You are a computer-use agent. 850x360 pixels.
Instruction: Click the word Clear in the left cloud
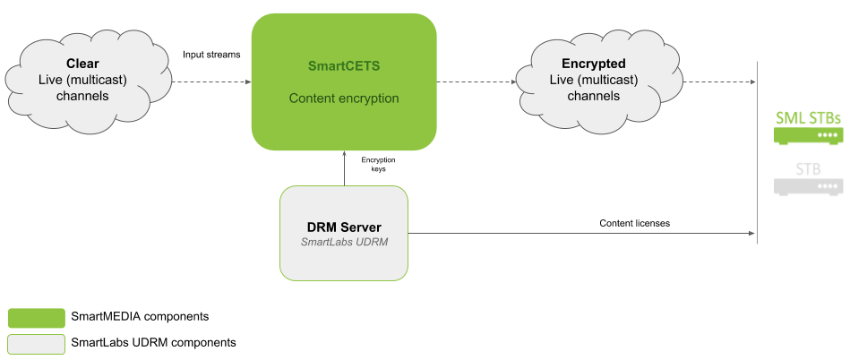pyautogui.click(x=82, y=64)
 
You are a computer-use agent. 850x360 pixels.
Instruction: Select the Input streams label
pyautogui.click(x=211, y=55)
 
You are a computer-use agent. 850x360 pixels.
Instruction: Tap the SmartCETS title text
pyautogui.click(x=343, y=65)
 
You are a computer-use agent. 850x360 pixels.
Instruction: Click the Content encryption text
pyautogui.click(x=343, y=98)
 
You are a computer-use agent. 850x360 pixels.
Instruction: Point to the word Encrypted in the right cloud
pyautogui.click(x=593, y=64)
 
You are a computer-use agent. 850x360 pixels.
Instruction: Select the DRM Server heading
pyautogui.click(x=343, y=227)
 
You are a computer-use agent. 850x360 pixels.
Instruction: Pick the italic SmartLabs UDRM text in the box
pyautogui.click(x=343, y=243)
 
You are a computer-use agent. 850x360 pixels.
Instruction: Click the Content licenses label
pyautogui.click(x=635, y=223)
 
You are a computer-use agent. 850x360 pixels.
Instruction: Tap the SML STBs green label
pyautogui.click(x=807, y=117)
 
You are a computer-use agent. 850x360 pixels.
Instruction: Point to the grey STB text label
pyautogui.click(x=807, y=168)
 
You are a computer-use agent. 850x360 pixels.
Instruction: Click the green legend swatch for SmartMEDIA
pyautogui.click(x=36, y=317)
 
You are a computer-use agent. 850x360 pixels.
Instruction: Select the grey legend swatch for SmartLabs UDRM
pyautogui.click(x=36, y=343)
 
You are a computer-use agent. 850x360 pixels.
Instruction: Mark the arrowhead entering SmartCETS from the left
pyautogui.click(x=248, y=81)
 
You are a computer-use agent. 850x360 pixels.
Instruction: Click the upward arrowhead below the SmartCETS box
pyautogui.click(x=343, y=153)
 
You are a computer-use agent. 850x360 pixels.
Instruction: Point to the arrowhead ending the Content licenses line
pyautogui.click(x=752, y=234)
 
